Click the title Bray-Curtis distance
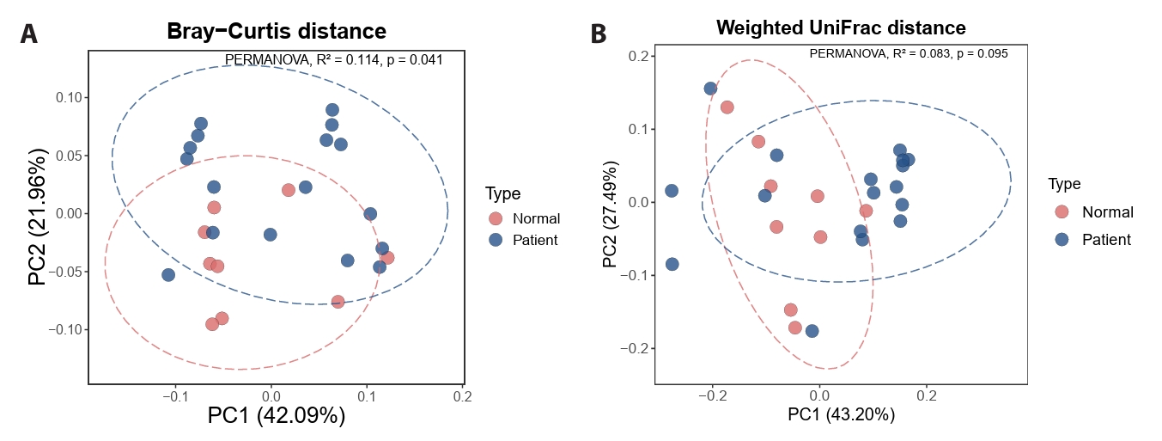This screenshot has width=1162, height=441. (277, 31)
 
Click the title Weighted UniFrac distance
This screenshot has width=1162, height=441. (841, 28)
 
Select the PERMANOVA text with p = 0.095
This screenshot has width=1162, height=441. (909, 53)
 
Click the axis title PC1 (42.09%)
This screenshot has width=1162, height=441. (277, 416)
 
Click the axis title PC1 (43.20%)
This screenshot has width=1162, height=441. (841, 413)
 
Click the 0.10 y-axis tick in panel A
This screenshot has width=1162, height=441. (69, 98)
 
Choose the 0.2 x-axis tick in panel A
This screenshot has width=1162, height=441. (464, 397)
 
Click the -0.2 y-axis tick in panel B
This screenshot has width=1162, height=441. (636, 349)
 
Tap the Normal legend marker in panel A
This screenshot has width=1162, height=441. (496, 218)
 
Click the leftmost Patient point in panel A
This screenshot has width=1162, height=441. (168, 275)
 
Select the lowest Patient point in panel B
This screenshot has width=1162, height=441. (812, 331)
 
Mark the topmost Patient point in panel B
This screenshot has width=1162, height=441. (710, 89)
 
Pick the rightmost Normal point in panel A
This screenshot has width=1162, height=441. (387, 258)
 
